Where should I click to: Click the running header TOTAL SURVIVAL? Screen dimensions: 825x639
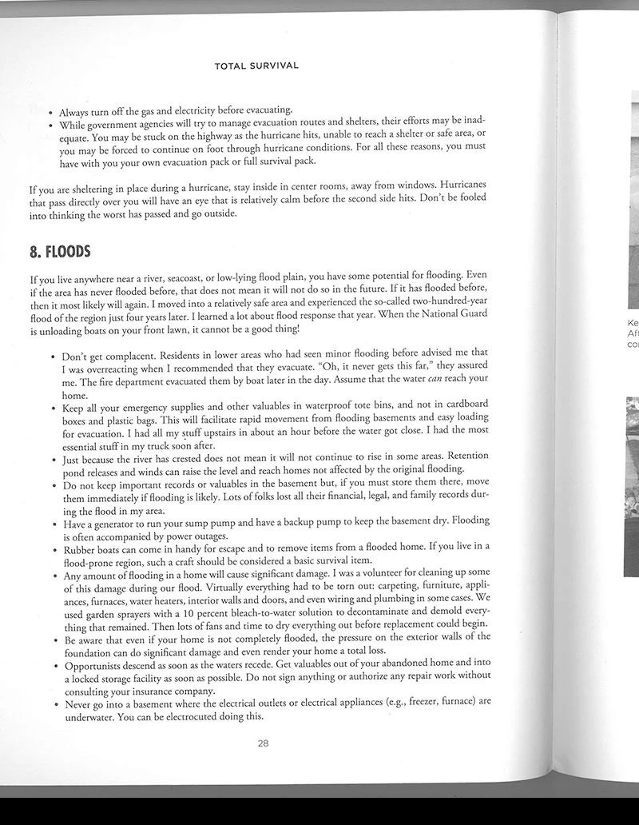256,66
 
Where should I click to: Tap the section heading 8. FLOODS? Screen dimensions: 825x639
60,252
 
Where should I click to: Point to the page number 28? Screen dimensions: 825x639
263,743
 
